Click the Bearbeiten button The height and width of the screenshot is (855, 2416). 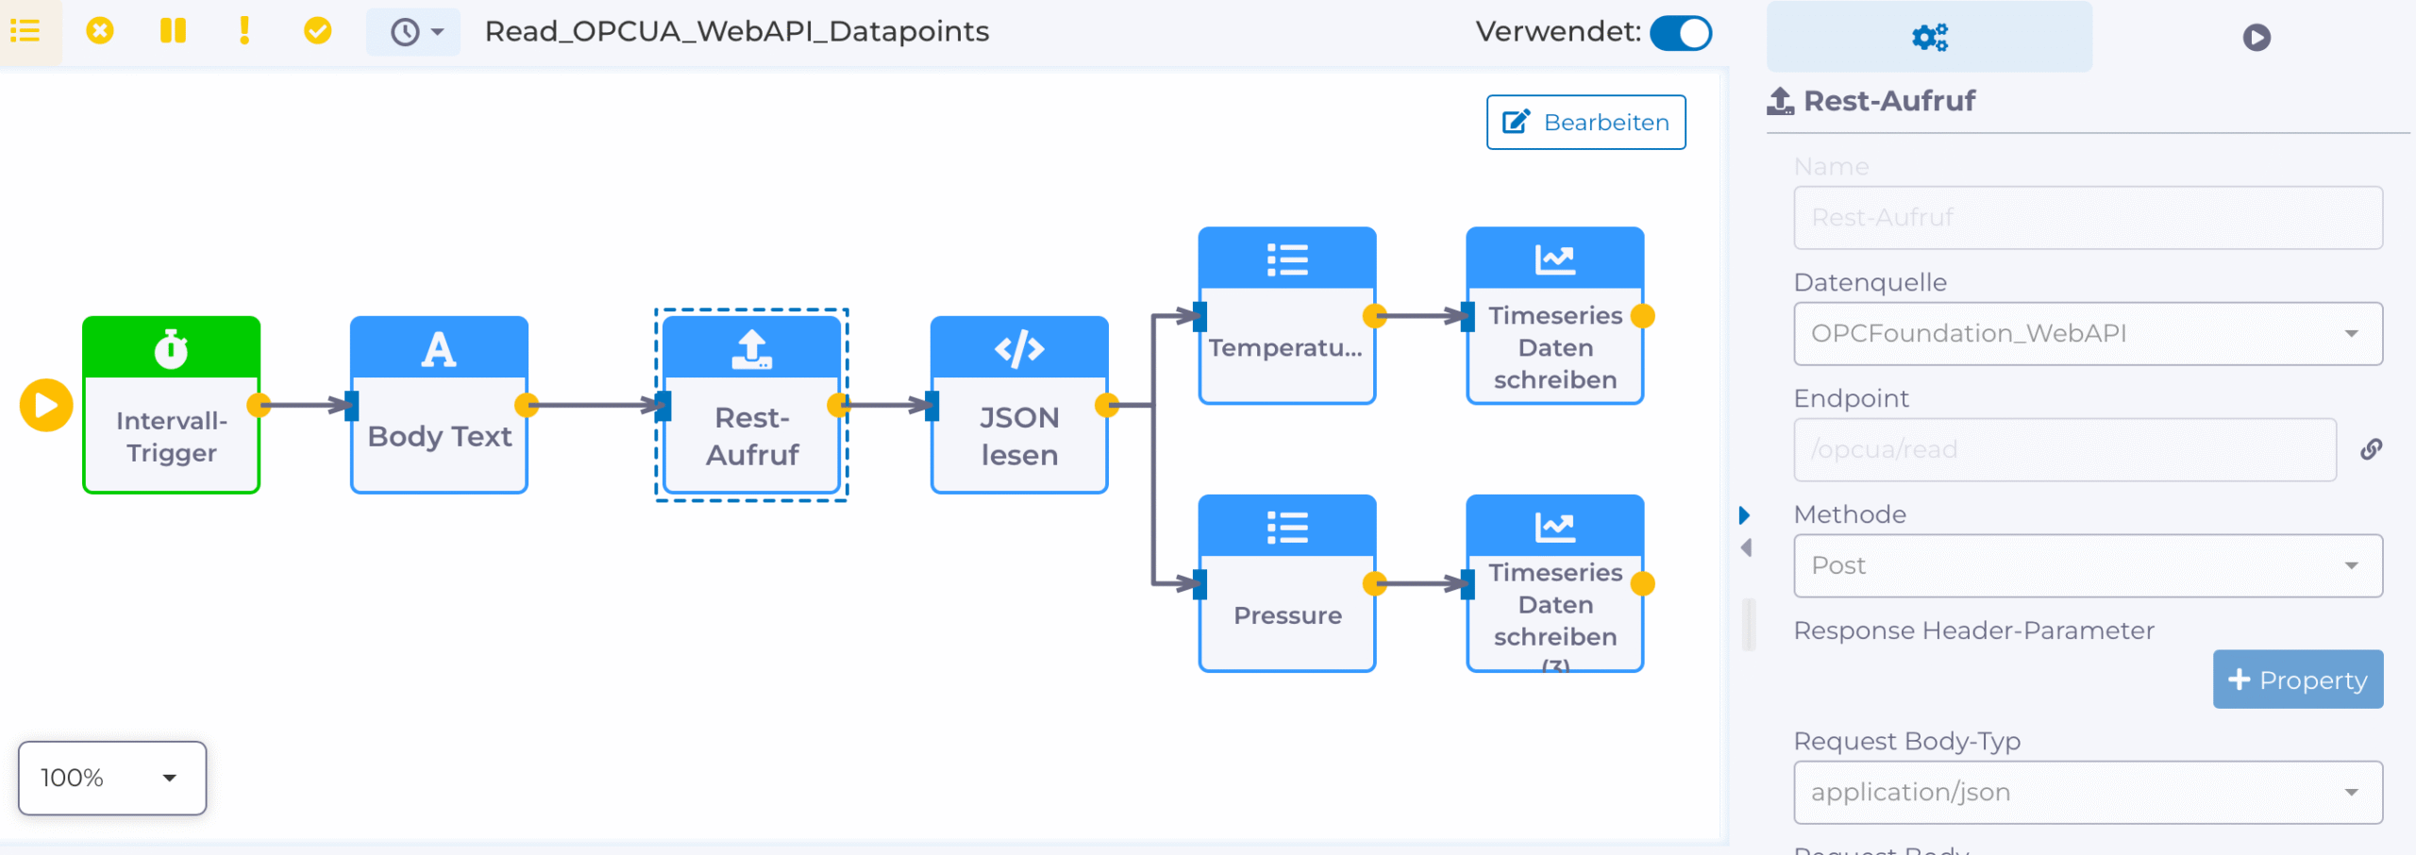pyautogui.click(x=1585, y=122)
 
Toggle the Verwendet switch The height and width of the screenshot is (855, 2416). pyautogui.click(x=1681, y=33)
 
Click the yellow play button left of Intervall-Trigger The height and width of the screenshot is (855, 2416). pyautogui.click(x=45, y=405)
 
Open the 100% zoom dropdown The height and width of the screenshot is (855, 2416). pyautogui.click(x=112, y=778)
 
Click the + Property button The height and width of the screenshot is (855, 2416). pyautogui.click(x=2297, y=679)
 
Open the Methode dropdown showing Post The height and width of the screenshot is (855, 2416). pyautogui.click(x=2087, y=565)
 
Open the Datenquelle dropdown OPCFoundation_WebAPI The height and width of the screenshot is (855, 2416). pyautogui.click(x=2087, y=333)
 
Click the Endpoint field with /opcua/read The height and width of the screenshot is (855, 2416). pyautogui.click(x=2064, y=449)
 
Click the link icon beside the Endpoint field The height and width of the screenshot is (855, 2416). pyautogui.click(x=2371, y=449)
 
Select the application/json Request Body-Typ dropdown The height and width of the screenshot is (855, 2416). pyautogui.click(x=2087, y=792)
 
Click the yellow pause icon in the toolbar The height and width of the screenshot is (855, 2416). pyautogui.click(x=173, y=31)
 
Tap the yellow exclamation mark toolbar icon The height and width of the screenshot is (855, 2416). pyautogui.click(x=244, y=31)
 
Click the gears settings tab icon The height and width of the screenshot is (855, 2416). pyautogui.click(x=1929, y=37)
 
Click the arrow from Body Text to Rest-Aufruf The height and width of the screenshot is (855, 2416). pyautogui.click(x=595, y=405)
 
